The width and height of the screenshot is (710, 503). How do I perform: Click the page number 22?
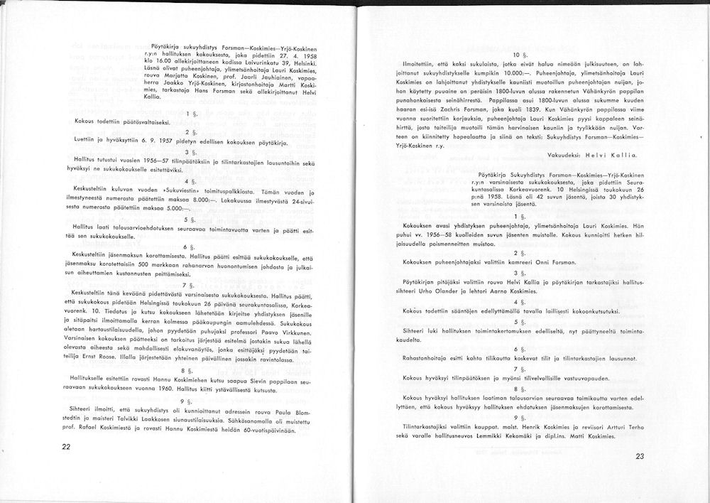tap(66, 447)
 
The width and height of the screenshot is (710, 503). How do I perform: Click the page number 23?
tap(640, 457)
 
